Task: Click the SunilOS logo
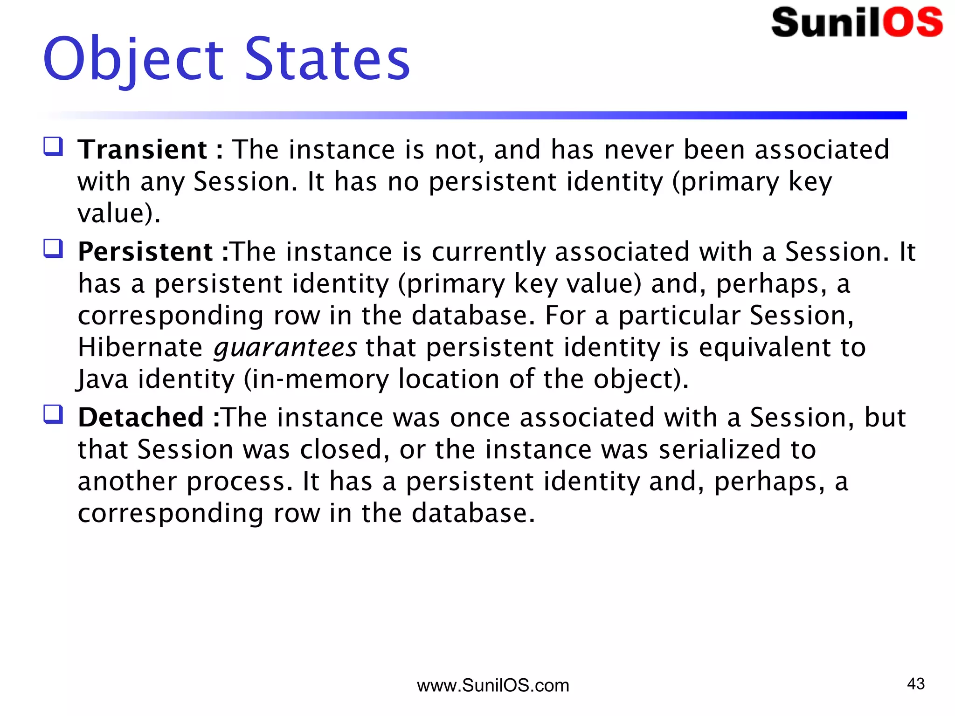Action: click(857, 22)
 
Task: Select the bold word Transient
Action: click(143, 150)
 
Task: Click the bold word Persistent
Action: click(145, 252)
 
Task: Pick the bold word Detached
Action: click(141, 417)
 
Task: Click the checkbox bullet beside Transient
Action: click(53, 146)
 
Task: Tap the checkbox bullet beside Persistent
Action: click(53, 248)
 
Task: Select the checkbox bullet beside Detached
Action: click(53, 414)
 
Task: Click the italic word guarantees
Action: click(285, 348)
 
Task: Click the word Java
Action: click(103, 379)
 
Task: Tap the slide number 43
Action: click(916, 684)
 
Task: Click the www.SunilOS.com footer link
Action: click(493, 686)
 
